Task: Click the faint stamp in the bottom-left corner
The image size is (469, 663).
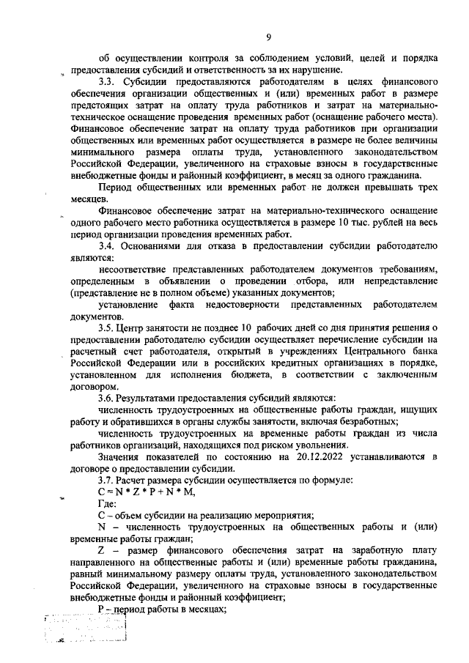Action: point(84,629)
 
